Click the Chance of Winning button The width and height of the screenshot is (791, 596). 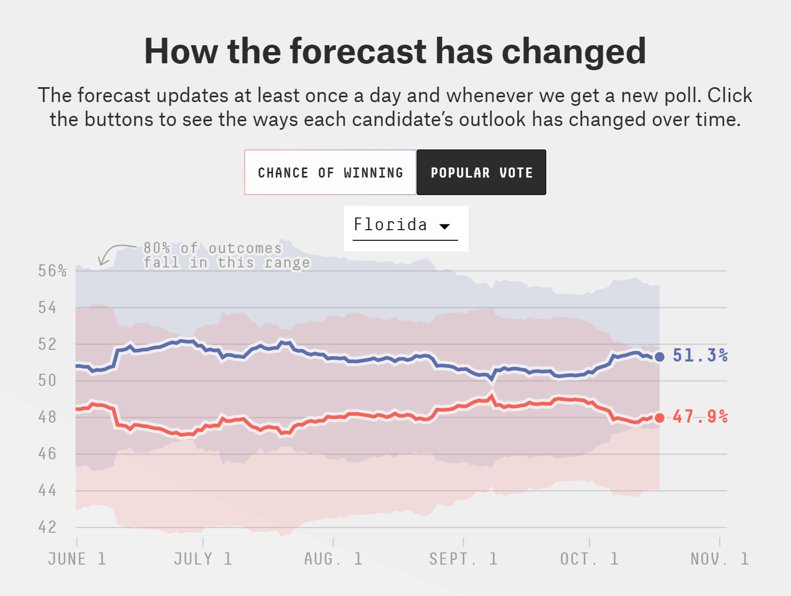tap(330, 173)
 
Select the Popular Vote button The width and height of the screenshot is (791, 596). tap(481, 173)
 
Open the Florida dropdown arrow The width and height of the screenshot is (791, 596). tap(445, 226)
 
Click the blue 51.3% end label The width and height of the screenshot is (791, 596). tap(700, 355)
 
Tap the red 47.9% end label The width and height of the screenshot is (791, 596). tap(700, 416)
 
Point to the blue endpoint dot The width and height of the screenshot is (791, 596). tap(660, 357)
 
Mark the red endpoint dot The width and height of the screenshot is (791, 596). tap(660, 418)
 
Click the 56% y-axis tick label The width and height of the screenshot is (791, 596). tap(52, 271)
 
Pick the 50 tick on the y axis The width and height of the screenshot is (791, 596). tap(47, 381)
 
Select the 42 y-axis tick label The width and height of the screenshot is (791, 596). tap(47, 527)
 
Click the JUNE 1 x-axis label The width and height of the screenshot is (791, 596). tap(77, 559)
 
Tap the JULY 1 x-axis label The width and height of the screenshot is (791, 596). tap(203, 559)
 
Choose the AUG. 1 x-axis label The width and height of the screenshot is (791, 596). tap(333, 559)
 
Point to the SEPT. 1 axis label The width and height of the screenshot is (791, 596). tap(463, 559)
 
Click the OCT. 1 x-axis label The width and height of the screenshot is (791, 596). tap(589, 559)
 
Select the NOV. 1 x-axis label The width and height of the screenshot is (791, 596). tap(720, 559)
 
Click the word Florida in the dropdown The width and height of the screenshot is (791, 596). tap(390, 225)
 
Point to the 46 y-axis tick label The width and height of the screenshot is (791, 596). tap(47, 454)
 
